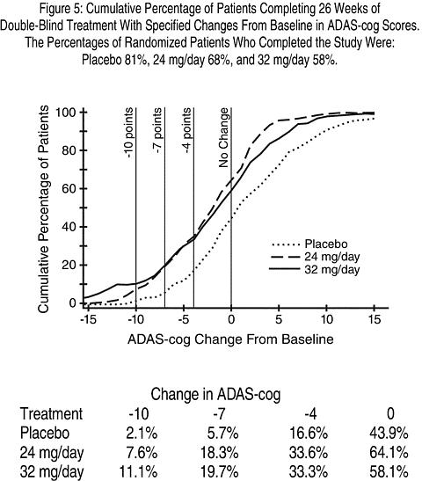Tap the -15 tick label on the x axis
pos(88,320)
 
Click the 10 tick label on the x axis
pos(327,320)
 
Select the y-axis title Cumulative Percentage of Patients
pos(44,209)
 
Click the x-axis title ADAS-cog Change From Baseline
pos(230,339)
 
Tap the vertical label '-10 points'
pos(129,133)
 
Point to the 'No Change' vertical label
pos(224,137)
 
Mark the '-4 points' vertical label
pos(186,130)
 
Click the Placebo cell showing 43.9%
pos(389,434)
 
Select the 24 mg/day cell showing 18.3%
pos(219,453)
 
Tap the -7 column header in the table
pos(219,414)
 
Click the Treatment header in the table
pos(51,414)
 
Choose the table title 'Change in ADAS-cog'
pos(215,395)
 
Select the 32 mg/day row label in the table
pos(52,472)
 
